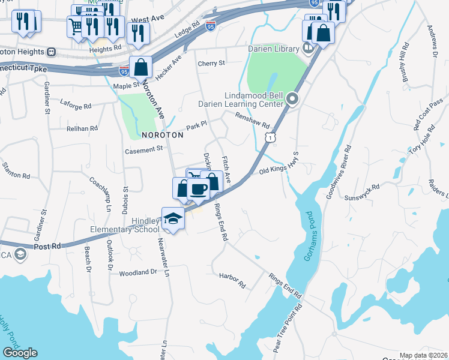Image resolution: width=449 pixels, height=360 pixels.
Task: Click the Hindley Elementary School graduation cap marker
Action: pos(173,219)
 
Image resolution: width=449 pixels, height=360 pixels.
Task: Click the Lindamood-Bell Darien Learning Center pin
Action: pos(292,99)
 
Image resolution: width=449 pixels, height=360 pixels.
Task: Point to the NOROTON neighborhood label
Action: pos(162,135)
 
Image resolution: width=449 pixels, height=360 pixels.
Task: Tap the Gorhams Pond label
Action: pos(309,235)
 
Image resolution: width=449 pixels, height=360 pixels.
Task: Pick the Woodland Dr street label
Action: pos(138,272)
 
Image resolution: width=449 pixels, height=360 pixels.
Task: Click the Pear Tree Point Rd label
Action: pos(286,327)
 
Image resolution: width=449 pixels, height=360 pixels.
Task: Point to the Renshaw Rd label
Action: pos(253,121)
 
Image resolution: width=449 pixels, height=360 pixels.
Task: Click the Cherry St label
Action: pos(211,63)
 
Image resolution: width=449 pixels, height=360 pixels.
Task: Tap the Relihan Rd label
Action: pos(82,128)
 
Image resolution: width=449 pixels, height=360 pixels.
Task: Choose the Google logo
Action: pos(20,352)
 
